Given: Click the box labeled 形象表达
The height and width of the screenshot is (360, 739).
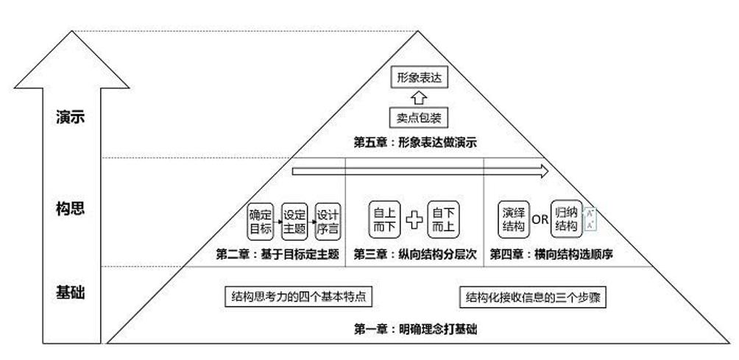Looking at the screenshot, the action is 419,78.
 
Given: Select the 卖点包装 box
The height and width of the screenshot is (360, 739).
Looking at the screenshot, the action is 419,117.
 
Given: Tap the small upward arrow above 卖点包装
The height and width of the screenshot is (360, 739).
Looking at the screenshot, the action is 419,97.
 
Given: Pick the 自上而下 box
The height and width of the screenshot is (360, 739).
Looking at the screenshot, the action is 384,219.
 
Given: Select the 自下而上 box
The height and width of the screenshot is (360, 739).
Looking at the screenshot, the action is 443,219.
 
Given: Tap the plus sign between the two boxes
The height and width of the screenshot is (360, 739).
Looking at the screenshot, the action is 414,220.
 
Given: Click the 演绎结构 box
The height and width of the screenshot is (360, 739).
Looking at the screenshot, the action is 513,219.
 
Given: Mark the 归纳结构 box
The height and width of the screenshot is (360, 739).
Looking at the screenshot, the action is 566,219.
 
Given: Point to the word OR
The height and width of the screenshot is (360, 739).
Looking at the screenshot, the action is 540,219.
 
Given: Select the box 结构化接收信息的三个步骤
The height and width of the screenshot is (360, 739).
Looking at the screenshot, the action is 533,297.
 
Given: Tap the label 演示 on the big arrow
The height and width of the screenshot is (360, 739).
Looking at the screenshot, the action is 70,117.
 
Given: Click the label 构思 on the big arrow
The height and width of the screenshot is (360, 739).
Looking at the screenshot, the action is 70,209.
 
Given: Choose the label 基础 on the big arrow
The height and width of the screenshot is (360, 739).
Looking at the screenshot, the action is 70,292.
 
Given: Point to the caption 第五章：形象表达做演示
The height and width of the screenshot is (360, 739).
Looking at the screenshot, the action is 415,142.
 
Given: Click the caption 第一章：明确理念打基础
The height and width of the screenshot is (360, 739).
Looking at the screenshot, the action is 415,329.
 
